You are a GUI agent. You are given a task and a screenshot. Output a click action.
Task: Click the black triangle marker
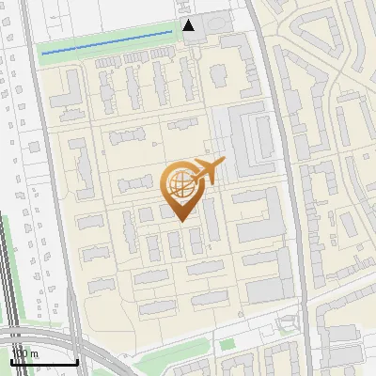(x=189, y=25)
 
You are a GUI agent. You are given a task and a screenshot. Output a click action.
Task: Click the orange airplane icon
(x=208, y=170)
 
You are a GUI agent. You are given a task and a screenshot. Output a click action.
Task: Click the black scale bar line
(x=43, y=362)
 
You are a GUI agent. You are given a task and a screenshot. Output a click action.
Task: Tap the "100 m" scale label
(x=25, y=353)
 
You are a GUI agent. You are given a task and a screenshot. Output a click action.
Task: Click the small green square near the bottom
(x=227, y=344)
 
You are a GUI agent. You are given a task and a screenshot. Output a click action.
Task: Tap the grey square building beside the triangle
(x=215, y=22)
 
